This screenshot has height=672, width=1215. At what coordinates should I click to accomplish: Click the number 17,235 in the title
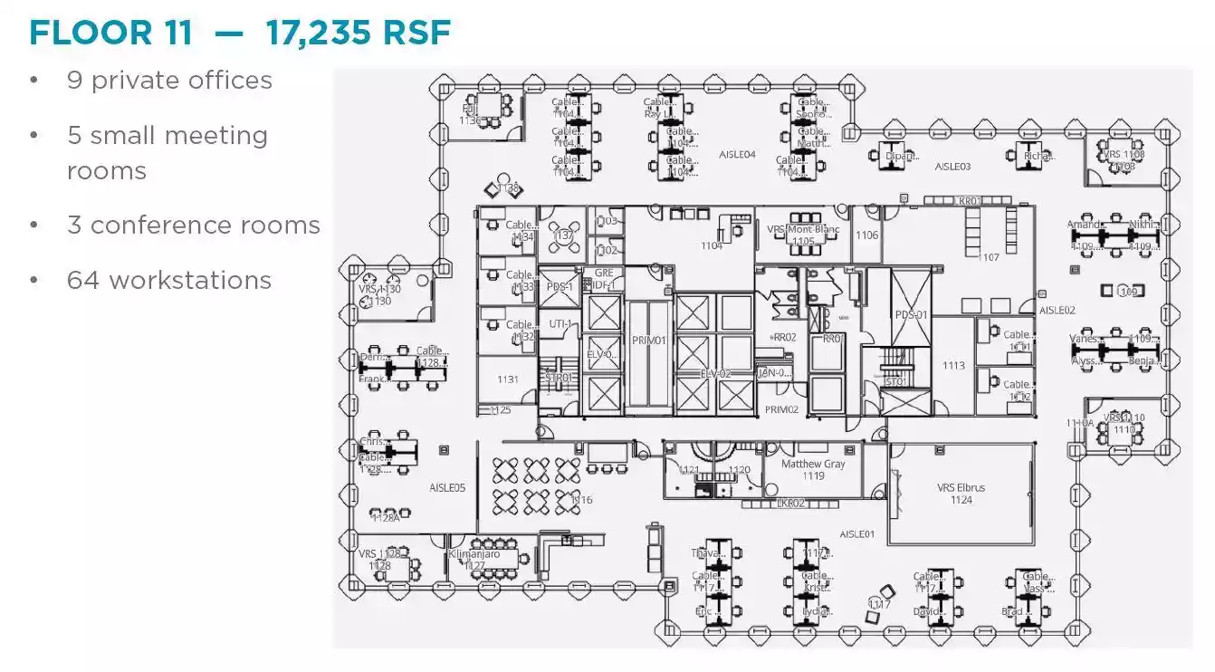click(x=317, y=33)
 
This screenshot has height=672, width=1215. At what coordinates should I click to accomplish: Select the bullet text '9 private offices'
click(x=169, y=80)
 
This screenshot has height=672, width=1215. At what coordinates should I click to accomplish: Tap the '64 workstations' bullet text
click(x=169, y=280)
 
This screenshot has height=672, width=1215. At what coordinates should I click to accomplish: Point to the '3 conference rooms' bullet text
click(x=194, y=225)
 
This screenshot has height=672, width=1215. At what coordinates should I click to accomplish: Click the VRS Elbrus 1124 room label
click(x=961, y=494)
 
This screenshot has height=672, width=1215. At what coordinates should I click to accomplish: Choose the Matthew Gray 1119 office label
click(x=813, y=469)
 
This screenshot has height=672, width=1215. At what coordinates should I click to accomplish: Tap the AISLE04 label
click(x=737, y=155)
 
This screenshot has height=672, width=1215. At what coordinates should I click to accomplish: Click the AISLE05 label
click(x=447, y=488)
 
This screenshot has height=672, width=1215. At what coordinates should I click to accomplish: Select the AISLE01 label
click(x=856, y=534)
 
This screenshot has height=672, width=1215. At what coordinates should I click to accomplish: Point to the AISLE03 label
click(x=952, y=167)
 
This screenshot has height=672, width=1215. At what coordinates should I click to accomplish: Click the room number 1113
click(x=953, y=366)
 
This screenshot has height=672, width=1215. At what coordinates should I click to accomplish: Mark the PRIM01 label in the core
click(x=648, y=341)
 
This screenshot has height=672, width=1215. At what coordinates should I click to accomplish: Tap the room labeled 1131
click(x=507, y=379)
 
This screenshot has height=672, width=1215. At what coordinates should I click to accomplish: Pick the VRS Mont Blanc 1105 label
click(x=803, y=235)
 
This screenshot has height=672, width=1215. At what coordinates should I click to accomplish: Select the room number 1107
click(x=989, y=257)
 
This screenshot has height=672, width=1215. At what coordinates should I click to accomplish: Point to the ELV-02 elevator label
click(x=715, y=373)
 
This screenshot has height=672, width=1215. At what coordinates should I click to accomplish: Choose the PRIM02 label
click(x=781, y=409)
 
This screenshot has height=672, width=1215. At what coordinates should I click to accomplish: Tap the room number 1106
click(x=866, y=235)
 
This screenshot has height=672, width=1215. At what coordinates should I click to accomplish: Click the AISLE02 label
click(x=1057, y=311)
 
